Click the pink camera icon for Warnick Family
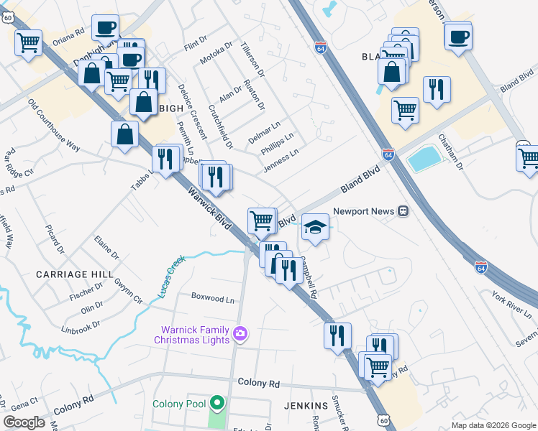(x=240, y=333)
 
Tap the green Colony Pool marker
(x=215, y=404)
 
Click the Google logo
(x=24, y=422)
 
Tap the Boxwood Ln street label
(x=213, y=297)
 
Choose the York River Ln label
(x=512, y=305)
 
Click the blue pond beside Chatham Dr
(x=424, y=158)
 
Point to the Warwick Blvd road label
(x=209, y=210)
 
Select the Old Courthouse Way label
(x=54, y=125)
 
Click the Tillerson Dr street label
(x=253, y=59)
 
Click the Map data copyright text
(x=493, y=425)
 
